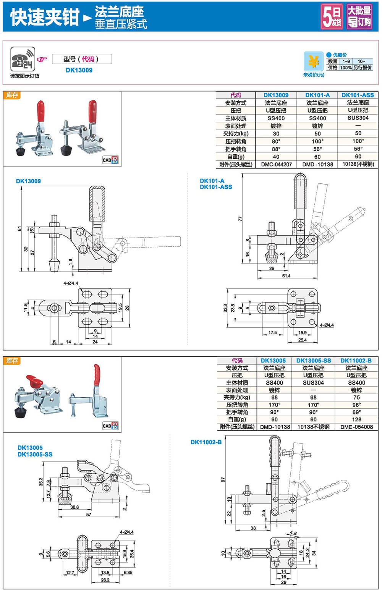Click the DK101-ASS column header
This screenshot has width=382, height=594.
click(x=358, y=95)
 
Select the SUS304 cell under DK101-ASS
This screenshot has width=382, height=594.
click(x=358, y=118)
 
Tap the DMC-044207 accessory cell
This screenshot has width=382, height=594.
click(x=276, y=164)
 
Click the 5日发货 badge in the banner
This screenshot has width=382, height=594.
click(x=332, y=16)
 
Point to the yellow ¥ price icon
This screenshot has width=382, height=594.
click(x=313, y=61)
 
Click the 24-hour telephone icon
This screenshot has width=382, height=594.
click(x=23, y=59)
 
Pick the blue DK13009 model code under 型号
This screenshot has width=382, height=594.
click(x=79, y=70)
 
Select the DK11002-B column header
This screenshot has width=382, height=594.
click(x=356, y=361)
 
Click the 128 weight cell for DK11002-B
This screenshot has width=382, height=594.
click(x=356, y=419)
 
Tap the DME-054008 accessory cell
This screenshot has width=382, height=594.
click(x=356, y=427)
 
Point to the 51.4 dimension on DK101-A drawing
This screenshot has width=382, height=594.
click(x=286, y=276)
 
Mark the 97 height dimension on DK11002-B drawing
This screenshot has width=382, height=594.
click(x=223, y=480)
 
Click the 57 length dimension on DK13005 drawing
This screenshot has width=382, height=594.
click(x=89, y=515)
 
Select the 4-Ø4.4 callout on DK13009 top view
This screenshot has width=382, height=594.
click(x=71, y=283)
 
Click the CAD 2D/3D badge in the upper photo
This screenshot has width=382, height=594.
click(x=110, y=160)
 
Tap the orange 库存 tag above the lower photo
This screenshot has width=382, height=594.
click(x=12, y=361)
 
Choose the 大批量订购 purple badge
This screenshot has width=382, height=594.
click(x=359, y=16)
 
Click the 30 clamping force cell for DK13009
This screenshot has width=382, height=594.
click(x=276, y=134)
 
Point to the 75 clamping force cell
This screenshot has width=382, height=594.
click(x=356, y=397)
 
